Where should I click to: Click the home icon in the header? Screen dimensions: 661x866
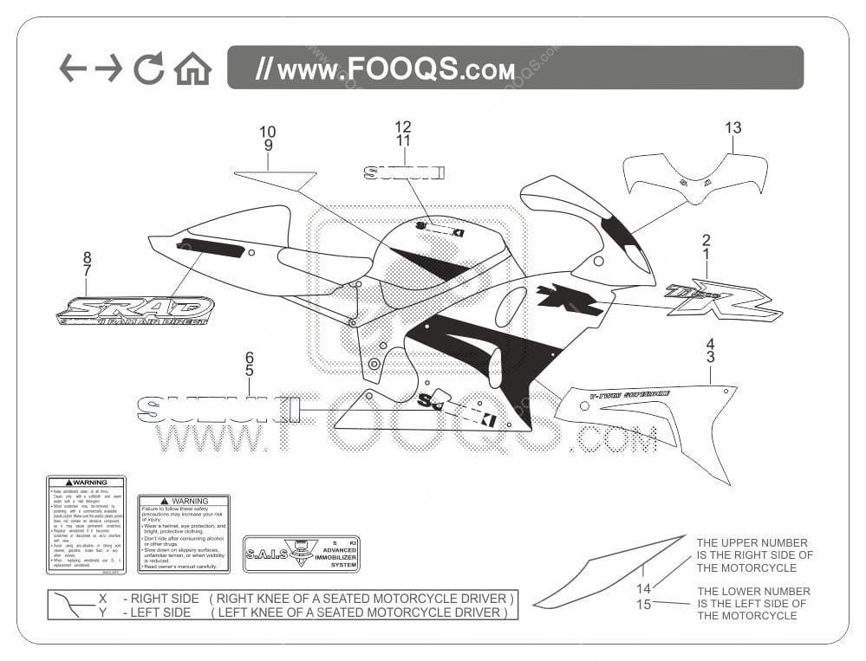click(x=192, y=68)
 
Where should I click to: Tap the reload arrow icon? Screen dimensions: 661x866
click(x=148, y=68)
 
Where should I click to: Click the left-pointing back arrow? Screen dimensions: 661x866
click(x=73, y=68)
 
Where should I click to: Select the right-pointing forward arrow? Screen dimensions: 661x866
click(x=108, y=68)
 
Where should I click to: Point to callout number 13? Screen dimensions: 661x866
click(x=733, y=128)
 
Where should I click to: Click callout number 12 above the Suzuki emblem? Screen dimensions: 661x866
click(x=403, y=126)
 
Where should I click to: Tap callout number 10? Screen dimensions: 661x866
click(x=268, y=132)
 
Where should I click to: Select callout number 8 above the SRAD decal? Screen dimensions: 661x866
click(x=87, y=257)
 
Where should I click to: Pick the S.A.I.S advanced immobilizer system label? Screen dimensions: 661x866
click(x=301, y=554)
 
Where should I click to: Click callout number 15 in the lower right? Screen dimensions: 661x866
click(x=643, y=604)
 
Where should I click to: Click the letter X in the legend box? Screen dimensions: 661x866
click(x=102, y=599)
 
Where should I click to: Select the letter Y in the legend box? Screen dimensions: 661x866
click(x=102, y=612)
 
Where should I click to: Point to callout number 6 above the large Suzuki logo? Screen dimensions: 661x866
click(x=250, y=357)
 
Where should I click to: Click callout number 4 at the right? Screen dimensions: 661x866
click(x=710, y=344)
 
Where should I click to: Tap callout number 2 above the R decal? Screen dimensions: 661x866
click(x=706, y=240)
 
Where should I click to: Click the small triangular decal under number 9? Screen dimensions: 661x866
click(x=276, y=178)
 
